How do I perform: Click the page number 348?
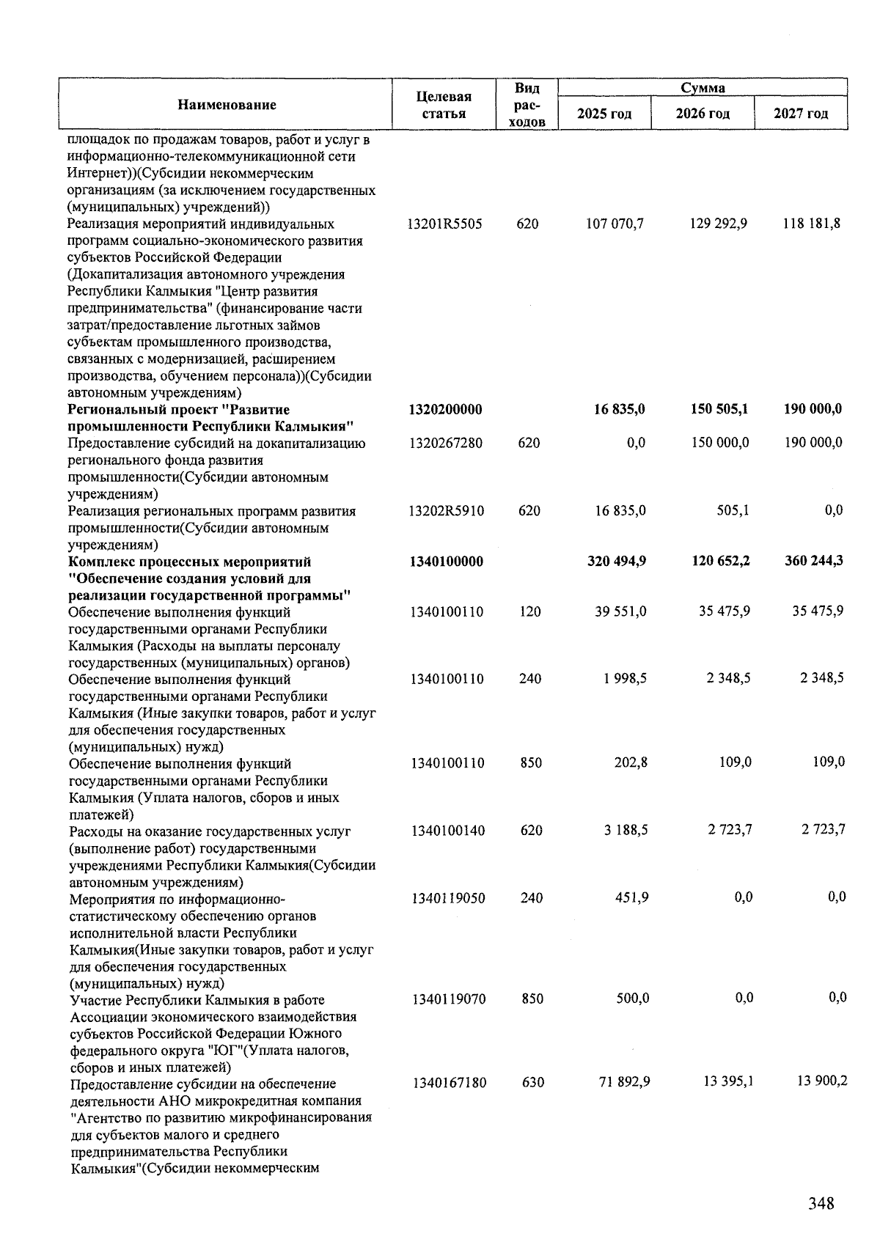821,1203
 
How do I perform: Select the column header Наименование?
227,105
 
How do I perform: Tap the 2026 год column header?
703,114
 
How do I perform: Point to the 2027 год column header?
801,114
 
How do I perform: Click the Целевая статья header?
444,105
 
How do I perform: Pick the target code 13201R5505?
444,224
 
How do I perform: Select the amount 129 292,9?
718,223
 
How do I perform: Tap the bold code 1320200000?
445,409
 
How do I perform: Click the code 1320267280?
445,443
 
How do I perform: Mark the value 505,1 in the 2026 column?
733,510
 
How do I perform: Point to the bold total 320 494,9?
616,562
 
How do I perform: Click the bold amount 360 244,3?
813,561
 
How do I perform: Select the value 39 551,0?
620,611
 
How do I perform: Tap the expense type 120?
529,611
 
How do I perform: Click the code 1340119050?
448,898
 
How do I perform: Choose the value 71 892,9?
624,1082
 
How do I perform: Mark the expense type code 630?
533,1082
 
